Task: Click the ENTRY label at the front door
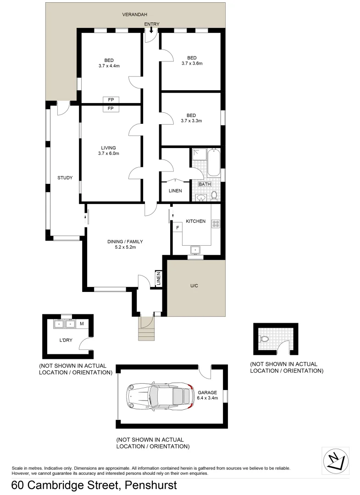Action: coord(151,24)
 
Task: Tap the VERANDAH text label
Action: coord(134,15)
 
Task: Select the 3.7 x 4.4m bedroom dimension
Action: coord(109,66)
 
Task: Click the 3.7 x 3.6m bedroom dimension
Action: coord(192,63)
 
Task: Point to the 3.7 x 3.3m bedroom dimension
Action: coord(191,121)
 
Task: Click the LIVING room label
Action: coord(108,148)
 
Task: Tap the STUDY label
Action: coord(65,178)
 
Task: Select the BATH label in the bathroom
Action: coord(205,184)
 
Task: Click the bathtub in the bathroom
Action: coord(214,163)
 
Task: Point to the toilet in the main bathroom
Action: coord(214,196)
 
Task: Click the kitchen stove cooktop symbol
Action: coord(216,224)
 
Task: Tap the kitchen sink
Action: coord(196,250)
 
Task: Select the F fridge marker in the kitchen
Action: coord(177,228)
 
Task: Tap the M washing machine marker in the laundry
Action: coord(82,324)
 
